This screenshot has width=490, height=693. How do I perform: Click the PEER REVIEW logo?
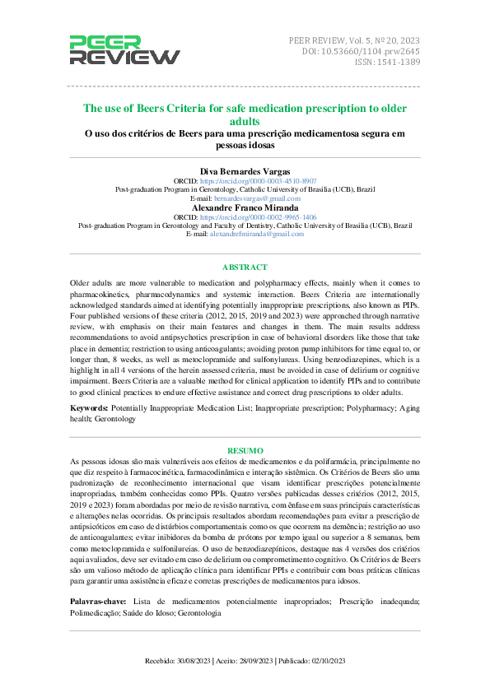tap(124, 50)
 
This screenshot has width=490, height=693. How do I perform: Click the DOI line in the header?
tap(362, 50)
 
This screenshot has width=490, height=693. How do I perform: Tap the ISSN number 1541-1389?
tap(398, 62)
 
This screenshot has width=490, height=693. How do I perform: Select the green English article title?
tap(245, 114)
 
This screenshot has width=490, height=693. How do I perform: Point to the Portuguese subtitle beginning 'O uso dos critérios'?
tap(245, 139)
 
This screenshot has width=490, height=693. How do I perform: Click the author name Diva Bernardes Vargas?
tap(245, 170)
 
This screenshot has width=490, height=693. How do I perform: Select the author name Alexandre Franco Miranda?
tap(245, 207)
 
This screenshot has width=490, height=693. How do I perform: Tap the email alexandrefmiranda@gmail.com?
tap(256, 234)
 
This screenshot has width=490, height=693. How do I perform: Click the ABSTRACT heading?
tap(245, 267)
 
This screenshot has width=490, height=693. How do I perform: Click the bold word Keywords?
tap(87, 408)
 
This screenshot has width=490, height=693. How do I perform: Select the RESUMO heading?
tap(245, 451)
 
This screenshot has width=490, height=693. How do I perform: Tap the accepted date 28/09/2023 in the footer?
tap(252, 661)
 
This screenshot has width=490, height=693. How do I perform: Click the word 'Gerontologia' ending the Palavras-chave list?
tap(199, 613)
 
